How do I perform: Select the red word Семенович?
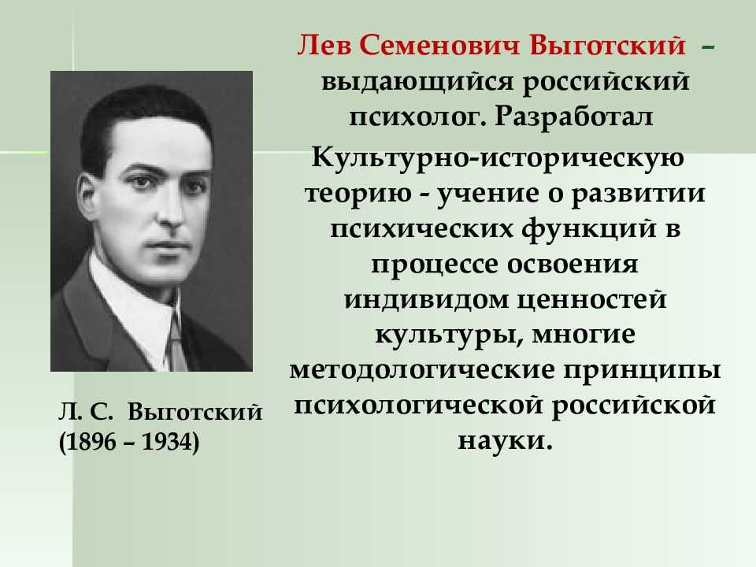click(x=439, y=46)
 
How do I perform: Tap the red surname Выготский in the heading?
click(x=607, y=46)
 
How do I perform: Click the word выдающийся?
click(x=417, y=83)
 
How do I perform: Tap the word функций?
click(x=589, y=228)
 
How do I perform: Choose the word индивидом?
click(x=425, y=299)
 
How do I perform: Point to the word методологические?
click(x=422, y=370)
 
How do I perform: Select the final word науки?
click(x=504, y=441)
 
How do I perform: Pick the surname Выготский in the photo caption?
click(x=195, y=413)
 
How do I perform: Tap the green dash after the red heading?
click(x=708, y=47)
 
